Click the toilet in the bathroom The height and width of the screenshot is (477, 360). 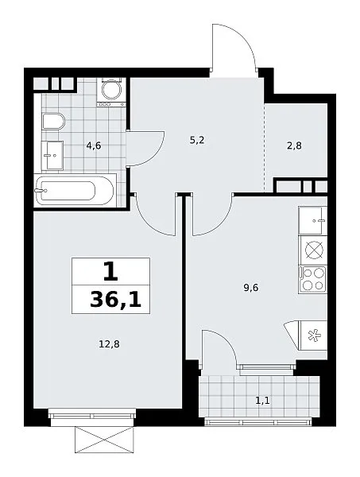point(53,122)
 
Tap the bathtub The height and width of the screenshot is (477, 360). point(75,191)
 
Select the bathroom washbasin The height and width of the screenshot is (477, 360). point(52,156)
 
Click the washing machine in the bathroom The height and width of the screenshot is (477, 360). point(111,91)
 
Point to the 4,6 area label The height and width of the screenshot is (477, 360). point(94,146)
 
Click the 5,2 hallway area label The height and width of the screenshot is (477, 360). point(197,141)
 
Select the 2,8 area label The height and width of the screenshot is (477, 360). point(294,146)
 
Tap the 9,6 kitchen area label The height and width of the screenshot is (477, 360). point(251,288)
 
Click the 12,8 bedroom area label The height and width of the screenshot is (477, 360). point(109,344)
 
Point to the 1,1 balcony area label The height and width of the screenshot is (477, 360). point(262,401)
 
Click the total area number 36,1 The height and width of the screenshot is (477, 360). point(115,301)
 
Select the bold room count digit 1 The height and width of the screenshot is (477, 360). point(110,272)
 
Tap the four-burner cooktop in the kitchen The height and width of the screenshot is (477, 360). point(312,280)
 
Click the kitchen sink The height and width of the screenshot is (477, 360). point(312,220)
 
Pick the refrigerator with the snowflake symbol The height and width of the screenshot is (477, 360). point(313,335)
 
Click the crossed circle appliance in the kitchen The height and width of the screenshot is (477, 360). point(313,250)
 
